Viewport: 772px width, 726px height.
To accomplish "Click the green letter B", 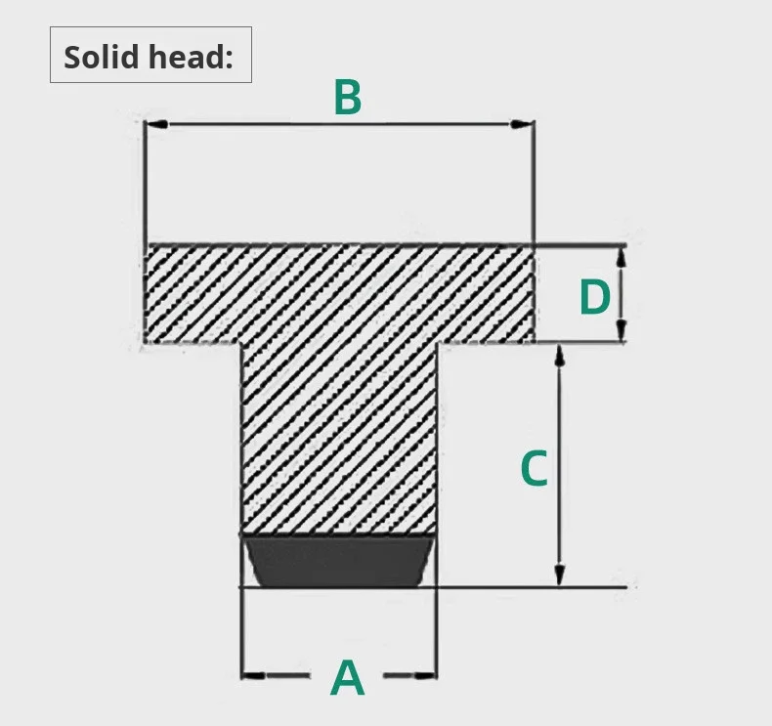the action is pyautogui.click(x=348, y=98).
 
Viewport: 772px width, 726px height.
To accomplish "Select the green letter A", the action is pyautogui.click(x=348, y=678).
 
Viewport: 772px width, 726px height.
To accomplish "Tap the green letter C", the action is pyautogui.click(x=533, y=469).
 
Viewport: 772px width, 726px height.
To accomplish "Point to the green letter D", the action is pyautogui.click(x=594, y=298).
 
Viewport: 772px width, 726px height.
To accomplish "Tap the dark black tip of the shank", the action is pyautogui.click(x=338, y=561).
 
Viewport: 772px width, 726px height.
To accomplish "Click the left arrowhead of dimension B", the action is pyautogui.click(x=154, y=124).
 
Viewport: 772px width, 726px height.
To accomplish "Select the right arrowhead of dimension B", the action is pyautogui.click(x=526, y=124).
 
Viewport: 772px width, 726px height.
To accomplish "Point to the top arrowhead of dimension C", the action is pyautogui.click(x=560, y=355).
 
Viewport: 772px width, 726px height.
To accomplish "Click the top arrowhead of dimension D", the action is pyautogui.click(x=622, y=255).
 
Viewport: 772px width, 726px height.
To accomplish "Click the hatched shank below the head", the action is pyautogui.click(x=338, y=440).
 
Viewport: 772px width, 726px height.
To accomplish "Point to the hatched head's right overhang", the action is pyautogui.click(x=485, y=293).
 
